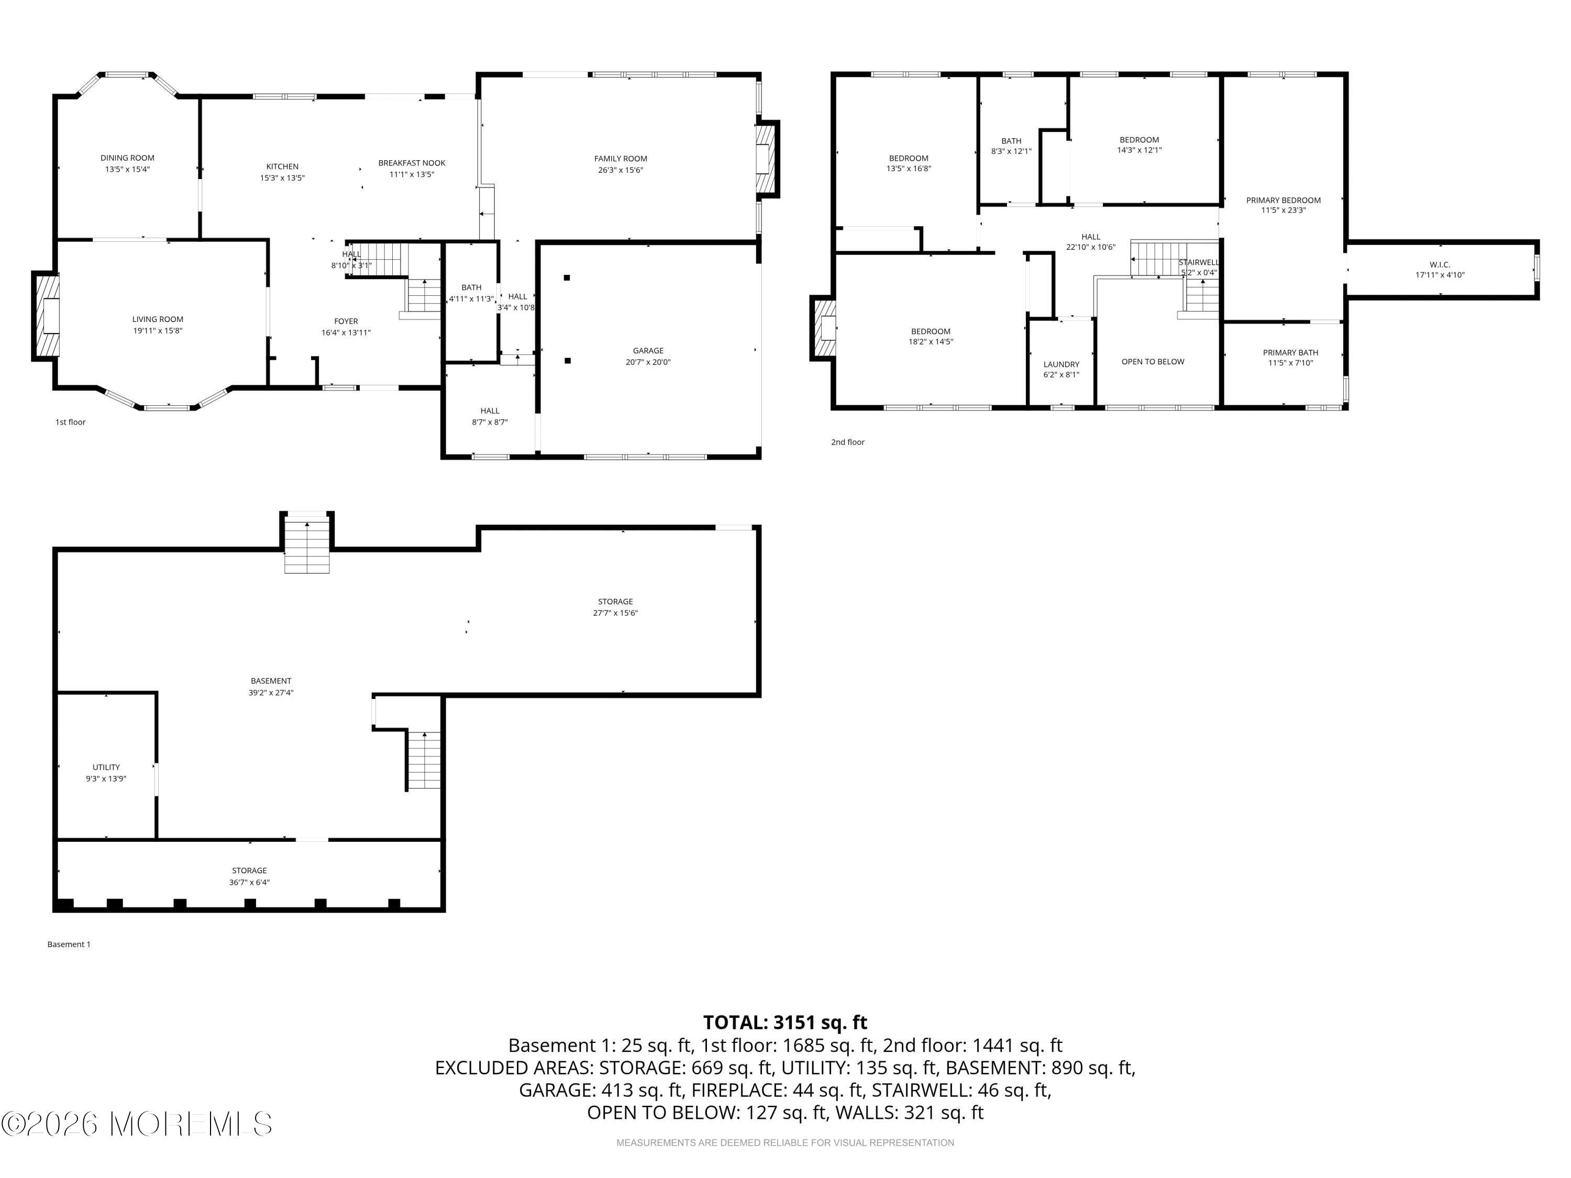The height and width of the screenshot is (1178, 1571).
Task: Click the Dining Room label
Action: point(127,158)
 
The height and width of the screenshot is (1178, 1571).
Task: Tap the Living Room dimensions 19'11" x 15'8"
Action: point(158,331)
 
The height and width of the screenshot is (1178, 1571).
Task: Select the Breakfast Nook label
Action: point(412,163)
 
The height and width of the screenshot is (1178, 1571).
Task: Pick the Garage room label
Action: point(648,351)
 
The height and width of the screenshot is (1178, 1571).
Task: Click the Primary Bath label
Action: point(1290,352)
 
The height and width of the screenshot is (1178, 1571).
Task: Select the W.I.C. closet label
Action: point(1440,265)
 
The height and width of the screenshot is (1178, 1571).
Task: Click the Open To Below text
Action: point(1153,361)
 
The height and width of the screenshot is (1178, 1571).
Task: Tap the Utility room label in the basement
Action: point(106,767)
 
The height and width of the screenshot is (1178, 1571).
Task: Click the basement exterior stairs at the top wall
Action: point(307,546)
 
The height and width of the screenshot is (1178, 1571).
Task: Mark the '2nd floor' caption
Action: point(848,442)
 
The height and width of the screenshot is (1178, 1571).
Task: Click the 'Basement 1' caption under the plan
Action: point(69,944)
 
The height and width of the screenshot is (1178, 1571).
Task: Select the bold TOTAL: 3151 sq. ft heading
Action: point(785,1023)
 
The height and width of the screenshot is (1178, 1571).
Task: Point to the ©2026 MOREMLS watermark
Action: point(137,1124)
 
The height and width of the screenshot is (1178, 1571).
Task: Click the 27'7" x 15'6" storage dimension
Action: point(616,613)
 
